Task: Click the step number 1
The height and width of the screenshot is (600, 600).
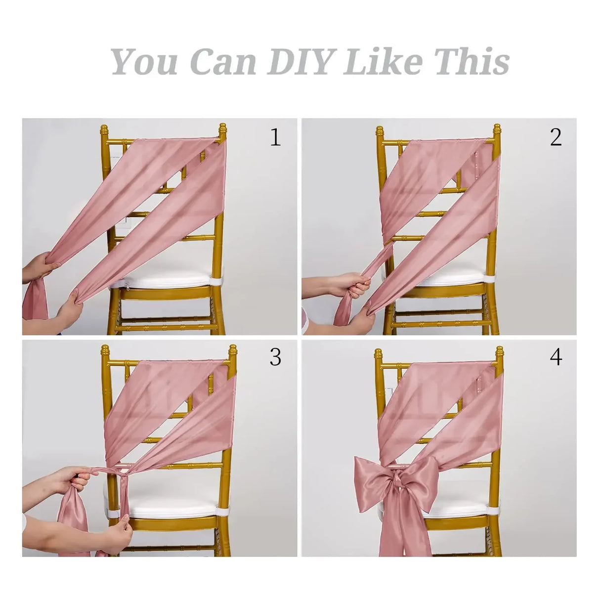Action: click(x=275, y=137)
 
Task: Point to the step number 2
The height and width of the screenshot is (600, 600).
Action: click(x=556, y=137)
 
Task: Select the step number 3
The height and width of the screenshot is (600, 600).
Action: click(x=275, y=357)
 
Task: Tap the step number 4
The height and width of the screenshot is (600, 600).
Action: click(x=556, y=357)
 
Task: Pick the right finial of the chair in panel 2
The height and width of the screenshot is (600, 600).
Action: click(x=496, y=132)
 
